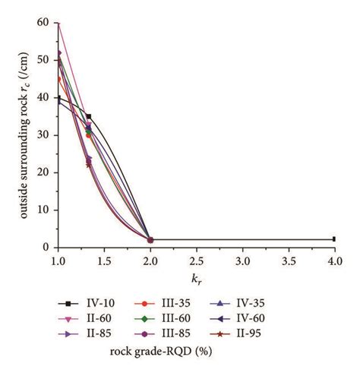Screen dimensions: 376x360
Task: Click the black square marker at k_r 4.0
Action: [x=334, y=239]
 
